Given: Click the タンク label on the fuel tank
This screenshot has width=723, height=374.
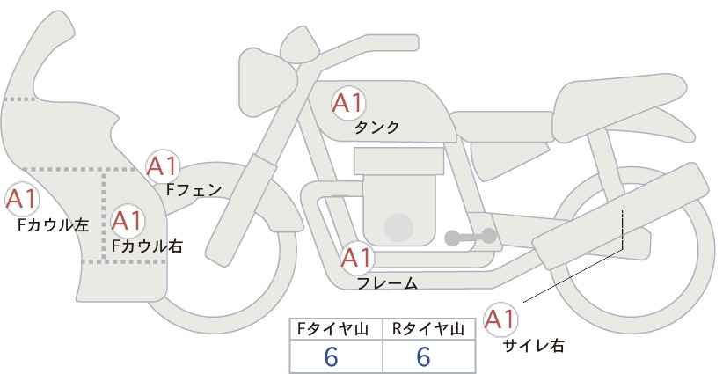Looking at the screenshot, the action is [376, 128].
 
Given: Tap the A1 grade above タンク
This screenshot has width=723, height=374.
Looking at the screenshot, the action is [348, 103].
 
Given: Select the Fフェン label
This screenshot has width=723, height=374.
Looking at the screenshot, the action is [194, 190].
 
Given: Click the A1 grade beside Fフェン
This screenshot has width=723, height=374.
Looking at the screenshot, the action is [162, 166].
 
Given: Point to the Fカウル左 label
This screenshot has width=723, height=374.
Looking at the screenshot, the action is [53, 225].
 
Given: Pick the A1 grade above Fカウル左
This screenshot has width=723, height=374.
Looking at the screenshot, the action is [21, 199].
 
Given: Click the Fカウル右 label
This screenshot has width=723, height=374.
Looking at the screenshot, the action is [147, 246].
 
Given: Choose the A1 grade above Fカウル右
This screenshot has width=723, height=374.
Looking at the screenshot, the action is [128, 221].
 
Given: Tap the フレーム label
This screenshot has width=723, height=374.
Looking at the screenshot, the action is [387, 283].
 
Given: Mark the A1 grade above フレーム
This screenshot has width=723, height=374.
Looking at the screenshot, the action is [356, 258].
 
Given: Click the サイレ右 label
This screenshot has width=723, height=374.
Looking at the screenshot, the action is [534, 346].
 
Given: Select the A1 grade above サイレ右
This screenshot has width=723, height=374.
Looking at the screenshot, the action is [500, 319].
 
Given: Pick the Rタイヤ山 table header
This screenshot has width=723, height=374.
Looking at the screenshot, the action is [428, 329].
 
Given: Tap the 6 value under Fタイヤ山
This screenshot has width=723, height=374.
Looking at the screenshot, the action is [331, 356].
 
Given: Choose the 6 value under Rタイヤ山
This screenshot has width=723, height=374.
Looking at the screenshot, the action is [423, 356].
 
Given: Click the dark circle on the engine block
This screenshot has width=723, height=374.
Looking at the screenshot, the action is [398, 228].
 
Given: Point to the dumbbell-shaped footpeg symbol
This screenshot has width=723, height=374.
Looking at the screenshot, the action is [471, 237].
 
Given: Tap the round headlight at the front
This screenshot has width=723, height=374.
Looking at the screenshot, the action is [267, 83].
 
